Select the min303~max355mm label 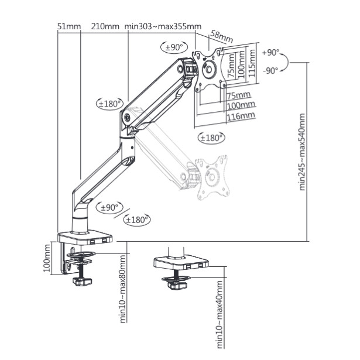click(163, 27)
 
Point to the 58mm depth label click(222, 37)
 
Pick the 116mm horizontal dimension click(241, 116)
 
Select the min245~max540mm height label click(303, 152)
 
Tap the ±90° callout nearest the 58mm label click(172, 47)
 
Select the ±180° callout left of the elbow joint click(109, 103)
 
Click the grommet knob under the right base click(177, 286)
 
